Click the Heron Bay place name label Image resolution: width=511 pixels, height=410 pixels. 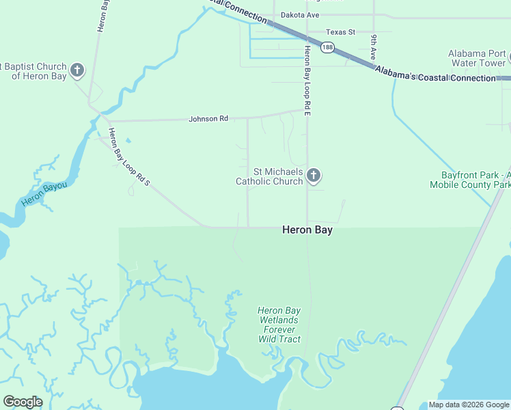click(x=307, y=230)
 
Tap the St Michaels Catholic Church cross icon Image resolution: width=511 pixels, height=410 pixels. click(x=314, y=176)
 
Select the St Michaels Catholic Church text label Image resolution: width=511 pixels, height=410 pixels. click(x=268, y=176)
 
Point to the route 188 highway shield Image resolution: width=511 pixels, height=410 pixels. click(x=328, y=47)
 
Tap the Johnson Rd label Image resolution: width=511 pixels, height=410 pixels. click(x=208, y=119)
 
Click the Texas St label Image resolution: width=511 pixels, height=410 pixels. click(x=341, y=32)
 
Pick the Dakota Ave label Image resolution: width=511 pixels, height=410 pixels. click(x=301, y=15)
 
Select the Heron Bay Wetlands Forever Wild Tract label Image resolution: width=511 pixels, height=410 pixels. click(x=279, y=325)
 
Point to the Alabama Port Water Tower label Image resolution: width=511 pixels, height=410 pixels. click(x=477, y=58)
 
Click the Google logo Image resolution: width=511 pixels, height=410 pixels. click(x=23, y=402)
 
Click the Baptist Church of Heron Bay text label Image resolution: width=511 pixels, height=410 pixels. click(x=36, y=71)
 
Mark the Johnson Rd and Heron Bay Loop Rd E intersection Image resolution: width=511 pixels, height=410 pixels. click(x=307, y=109)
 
